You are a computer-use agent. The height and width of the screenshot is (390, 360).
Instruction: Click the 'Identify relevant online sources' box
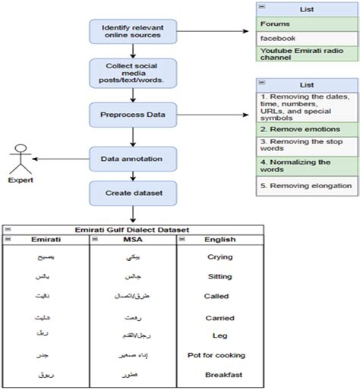coord(134,32)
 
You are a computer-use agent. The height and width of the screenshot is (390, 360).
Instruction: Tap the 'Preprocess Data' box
coord(134,116)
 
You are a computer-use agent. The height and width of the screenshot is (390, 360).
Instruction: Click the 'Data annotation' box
coord(134,159)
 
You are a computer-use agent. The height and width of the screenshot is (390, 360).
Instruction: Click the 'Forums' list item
coord(306,23)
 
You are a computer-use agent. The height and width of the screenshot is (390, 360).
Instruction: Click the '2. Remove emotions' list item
coord(306,130)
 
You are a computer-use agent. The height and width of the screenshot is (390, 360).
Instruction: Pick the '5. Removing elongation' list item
coord(306,185)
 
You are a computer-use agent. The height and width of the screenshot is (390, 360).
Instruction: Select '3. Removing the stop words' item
coord(306,147)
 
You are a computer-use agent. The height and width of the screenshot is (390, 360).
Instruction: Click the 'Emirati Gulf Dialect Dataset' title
coord(134,230)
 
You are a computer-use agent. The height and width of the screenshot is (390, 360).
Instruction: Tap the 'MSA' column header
coord(132,240)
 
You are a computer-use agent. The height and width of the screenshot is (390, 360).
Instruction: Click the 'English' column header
coord(219,240)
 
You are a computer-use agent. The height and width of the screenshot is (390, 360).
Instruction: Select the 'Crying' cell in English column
coord(219,257)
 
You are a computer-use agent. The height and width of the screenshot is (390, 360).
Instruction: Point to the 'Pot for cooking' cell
coord(219,355)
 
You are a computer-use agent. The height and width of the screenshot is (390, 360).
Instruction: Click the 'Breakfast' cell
coord(219,375)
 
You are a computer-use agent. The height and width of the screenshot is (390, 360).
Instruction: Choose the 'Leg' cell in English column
coord(219,334)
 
